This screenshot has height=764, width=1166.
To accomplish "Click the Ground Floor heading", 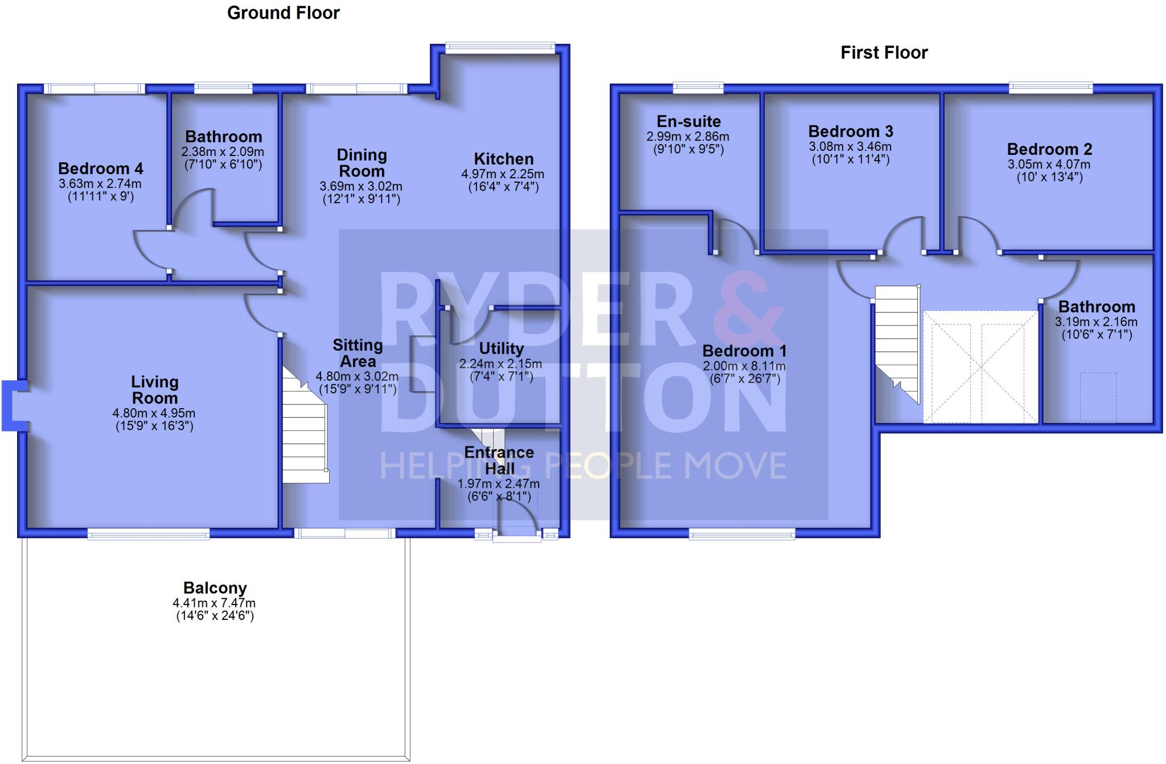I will [283, 13].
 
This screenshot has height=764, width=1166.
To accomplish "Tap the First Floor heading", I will [884, 53].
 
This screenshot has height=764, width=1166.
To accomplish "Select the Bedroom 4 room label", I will [100, 169].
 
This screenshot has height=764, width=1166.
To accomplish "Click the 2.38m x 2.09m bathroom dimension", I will [223, 152].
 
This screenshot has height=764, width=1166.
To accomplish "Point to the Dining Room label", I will [362, 163].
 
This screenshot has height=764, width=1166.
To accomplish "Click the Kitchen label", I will [503, 159].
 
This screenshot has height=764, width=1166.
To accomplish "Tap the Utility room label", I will [501, 348].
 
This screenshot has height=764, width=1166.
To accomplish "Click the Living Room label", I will [154, 389].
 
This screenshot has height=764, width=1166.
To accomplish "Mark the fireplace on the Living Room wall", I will [13, 405].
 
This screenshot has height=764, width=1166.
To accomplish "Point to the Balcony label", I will [215, 588].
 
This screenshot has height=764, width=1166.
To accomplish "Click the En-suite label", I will [688, 121].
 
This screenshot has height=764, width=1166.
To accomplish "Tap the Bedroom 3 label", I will [851, 132].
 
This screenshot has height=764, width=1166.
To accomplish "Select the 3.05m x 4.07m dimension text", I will [1049, 165].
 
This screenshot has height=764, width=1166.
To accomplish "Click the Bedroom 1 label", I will [744, 351].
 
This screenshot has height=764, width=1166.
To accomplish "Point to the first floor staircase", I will [897, 342].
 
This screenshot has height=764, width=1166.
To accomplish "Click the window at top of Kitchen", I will [500, 48].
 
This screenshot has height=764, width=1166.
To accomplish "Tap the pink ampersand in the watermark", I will [750, 310].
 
